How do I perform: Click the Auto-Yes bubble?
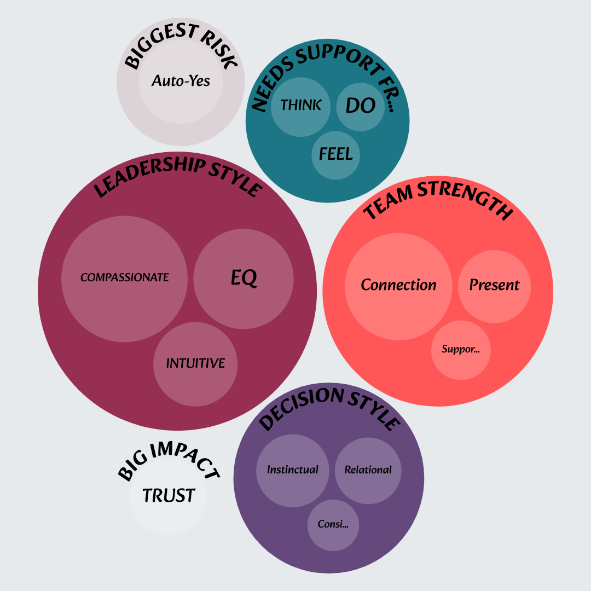[x=181, y=82]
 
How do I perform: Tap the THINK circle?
[x=300, y=106]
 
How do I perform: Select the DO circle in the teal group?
[x=361, y=105]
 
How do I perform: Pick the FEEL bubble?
[x=336, y=155]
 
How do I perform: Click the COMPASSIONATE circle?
[x=125, y=278]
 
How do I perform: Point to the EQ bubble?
[x=244, y=279]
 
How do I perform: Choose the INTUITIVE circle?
[x=195, y=364]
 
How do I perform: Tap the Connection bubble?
[x=398, y=285]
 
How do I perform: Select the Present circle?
[x=494, y=285]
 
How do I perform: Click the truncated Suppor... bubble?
[x=461, y=350]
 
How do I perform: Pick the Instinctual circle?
[x=293, y=470]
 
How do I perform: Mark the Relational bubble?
[x=368, y=470]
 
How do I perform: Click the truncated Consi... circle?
[x=333, y=524]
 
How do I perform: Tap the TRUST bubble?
[x=169, y=496]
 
